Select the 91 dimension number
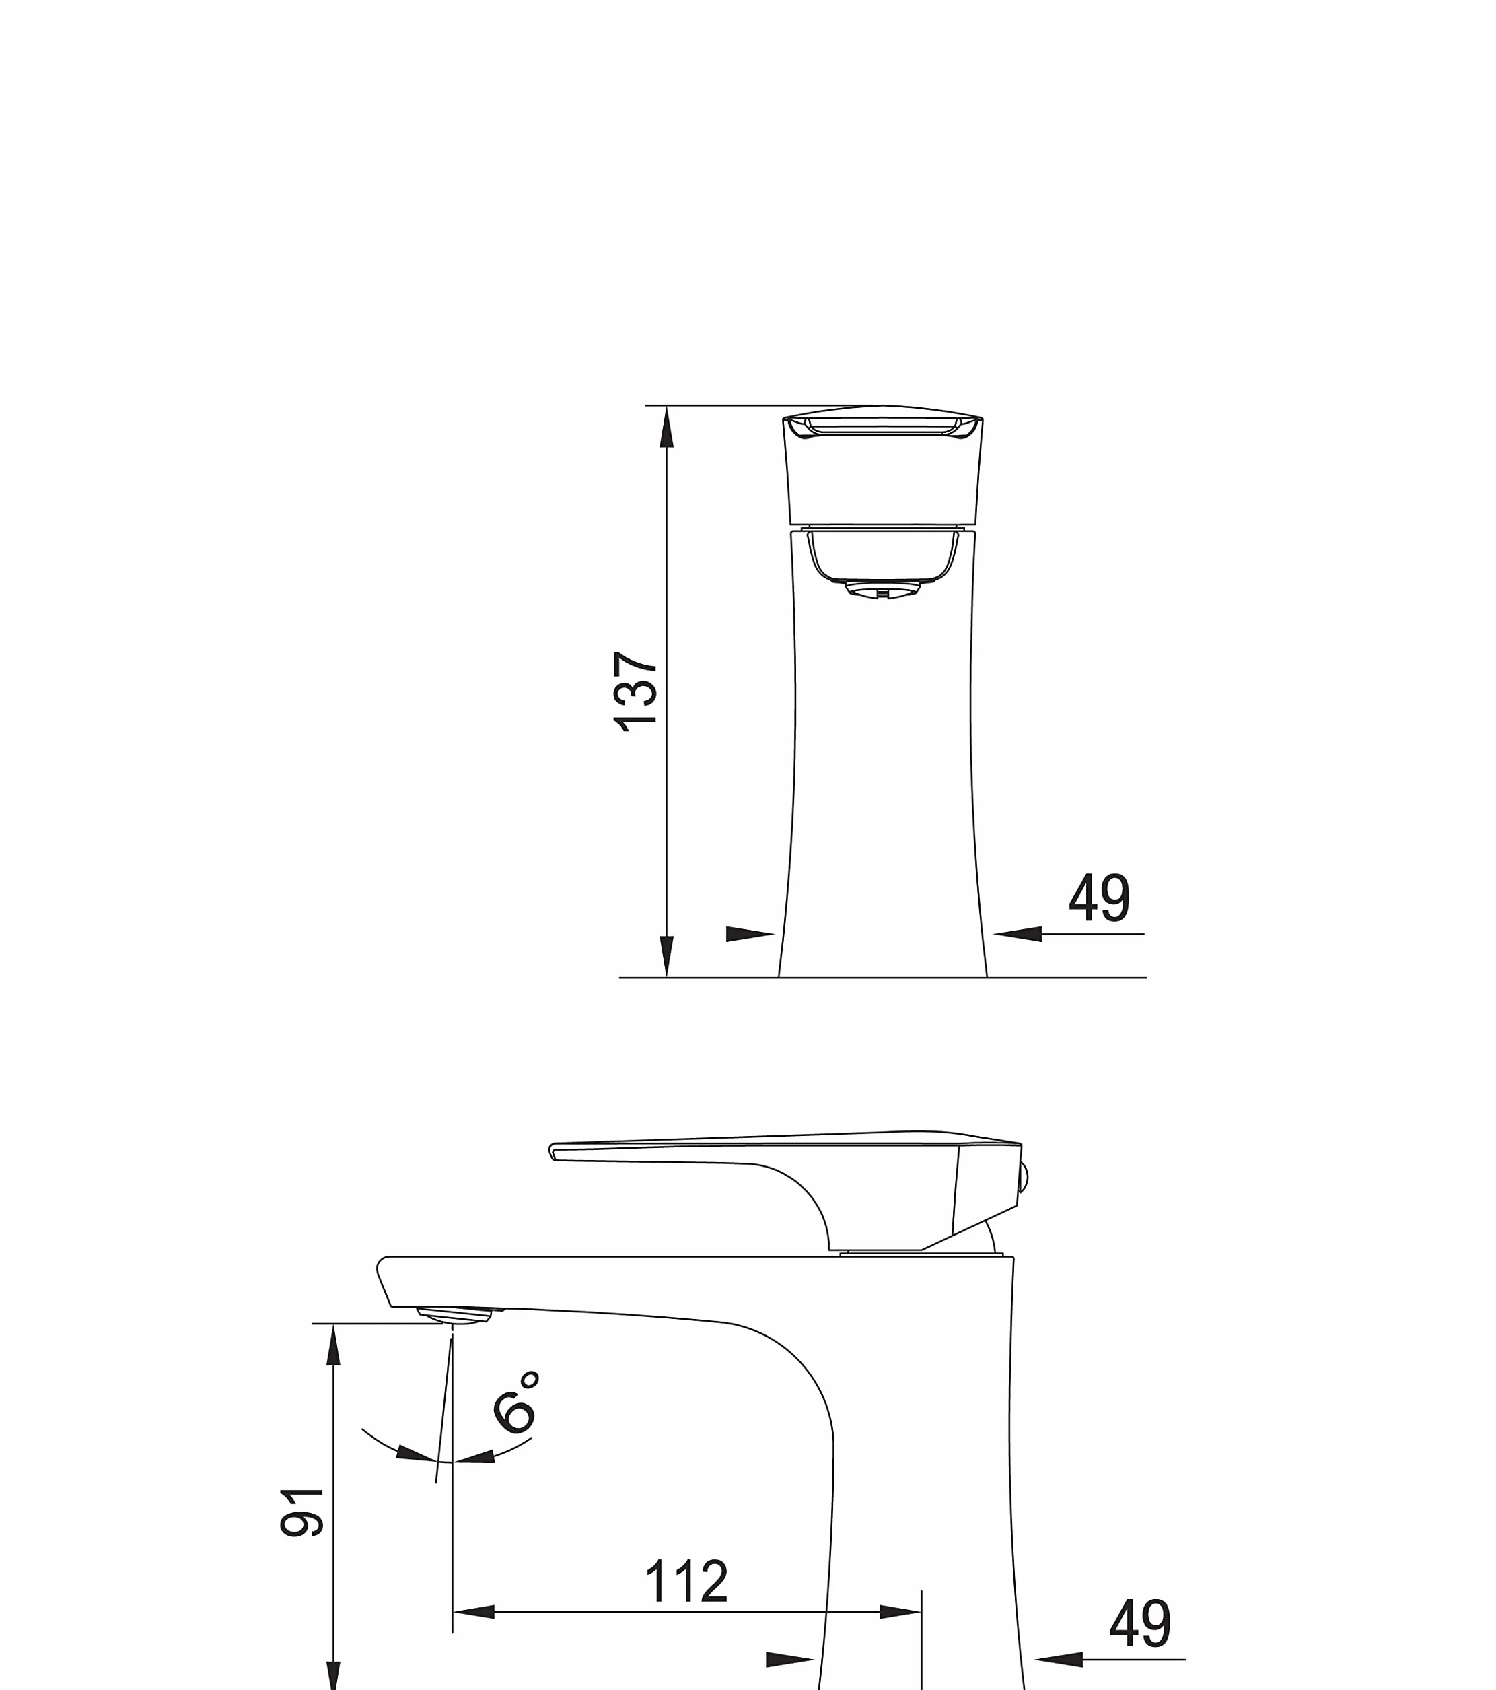(x=301, y=1512)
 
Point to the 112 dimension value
(x=686, y=1582)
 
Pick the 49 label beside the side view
(x=1140, y=1623)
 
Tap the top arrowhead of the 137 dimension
(x=666, y=427)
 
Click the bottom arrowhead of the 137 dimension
(x=666, y=957)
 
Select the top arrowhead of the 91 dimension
(x=333, y=1345)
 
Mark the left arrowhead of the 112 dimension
(x=474, y=1611)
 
